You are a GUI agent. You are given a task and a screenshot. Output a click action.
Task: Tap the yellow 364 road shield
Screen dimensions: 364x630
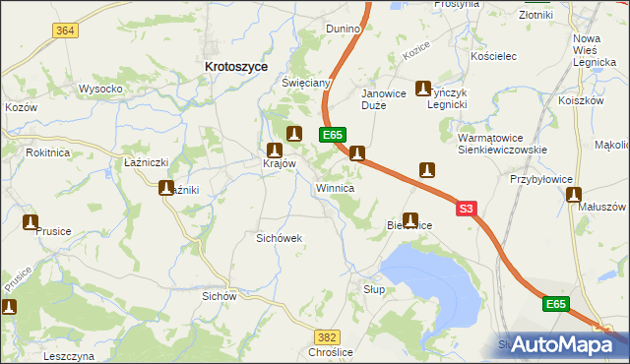point(65,30)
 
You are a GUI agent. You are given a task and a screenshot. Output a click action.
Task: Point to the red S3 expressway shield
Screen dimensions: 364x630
point(467,209)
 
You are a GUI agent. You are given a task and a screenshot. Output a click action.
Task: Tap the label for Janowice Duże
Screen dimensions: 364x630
point(383,99)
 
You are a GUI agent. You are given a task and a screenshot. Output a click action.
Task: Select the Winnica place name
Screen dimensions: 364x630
point(335,187)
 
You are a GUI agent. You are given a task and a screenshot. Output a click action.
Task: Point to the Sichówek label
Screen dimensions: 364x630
point(278,238)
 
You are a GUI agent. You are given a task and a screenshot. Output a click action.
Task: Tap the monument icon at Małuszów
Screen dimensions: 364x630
point(575,195)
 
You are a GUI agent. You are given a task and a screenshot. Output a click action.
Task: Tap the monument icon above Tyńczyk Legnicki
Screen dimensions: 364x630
point(423,88)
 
